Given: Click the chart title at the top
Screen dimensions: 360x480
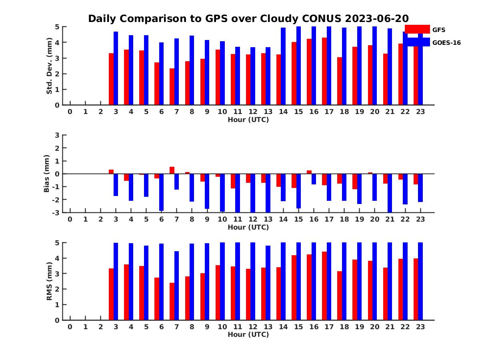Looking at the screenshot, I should click(248, 19).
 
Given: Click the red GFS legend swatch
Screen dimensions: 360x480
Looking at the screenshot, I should click(417, 29).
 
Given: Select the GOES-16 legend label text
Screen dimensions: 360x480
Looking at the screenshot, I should click(446, 43).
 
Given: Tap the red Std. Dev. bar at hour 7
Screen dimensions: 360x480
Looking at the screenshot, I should click(172, 86).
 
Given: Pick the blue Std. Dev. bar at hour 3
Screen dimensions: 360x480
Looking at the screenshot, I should click(116, 68).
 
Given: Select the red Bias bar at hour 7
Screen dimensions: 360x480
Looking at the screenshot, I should click(172, 170).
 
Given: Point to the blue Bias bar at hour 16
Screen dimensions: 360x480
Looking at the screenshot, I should click(314, 179).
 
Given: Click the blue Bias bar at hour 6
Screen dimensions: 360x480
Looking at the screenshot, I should click(162, 192).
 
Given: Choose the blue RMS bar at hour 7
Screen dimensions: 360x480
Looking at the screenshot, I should click(177, 285).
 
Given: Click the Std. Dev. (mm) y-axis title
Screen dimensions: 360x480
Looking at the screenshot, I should click(50, 66).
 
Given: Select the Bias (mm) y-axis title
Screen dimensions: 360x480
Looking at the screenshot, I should click(47, 174).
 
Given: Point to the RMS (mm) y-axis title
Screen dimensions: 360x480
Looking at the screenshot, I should click(50, 281).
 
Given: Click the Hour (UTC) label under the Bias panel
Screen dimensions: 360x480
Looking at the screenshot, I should click(248, 227).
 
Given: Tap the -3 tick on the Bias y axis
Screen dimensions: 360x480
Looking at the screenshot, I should click(56, 212).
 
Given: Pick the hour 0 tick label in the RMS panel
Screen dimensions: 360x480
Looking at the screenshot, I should click(70, 327).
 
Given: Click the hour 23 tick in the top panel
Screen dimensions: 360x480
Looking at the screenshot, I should click(420, 112).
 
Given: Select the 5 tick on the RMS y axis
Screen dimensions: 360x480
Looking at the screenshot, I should click(57, 242).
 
